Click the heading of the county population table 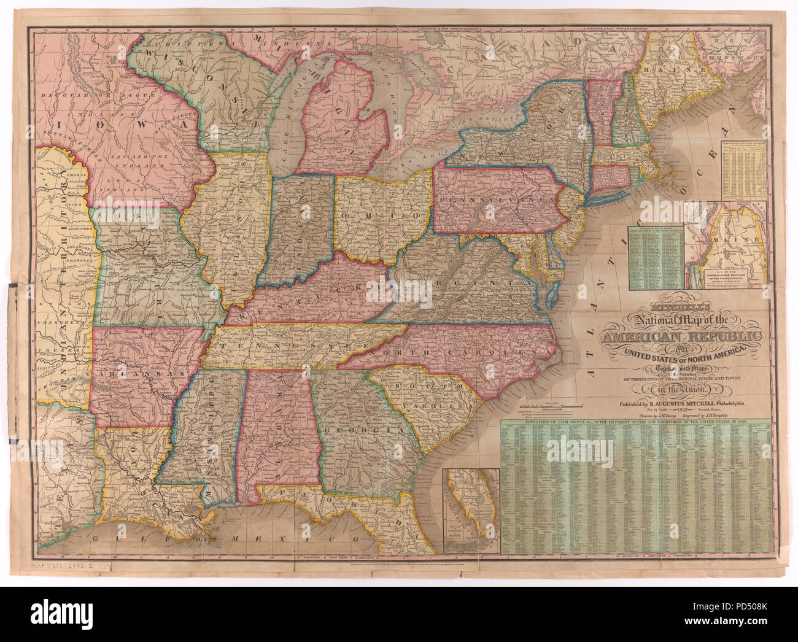tap(630, 423)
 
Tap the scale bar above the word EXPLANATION tap(540, 405)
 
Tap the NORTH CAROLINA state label tap(454, 353)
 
